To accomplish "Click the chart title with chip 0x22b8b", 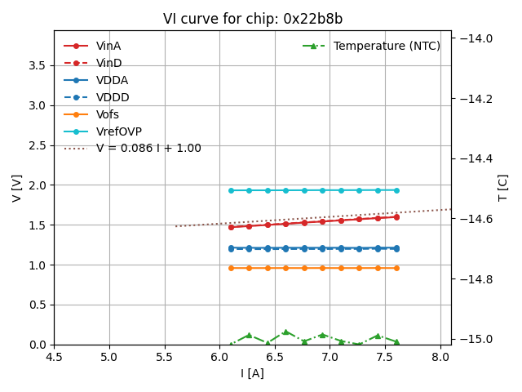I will click(x=252, y=19).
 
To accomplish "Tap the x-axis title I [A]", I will click(x=252, y=374).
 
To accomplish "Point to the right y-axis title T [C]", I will click(x=502, y=188).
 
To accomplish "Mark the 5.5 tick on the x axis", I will click(x=165, y=358).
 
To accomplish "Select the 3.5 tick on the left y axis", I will click(x=38, y=65).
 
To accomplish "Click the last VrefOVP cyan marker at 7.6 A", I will click(x=396, y=190).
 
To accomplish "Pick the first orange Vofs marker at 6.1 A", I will click(x=231, y=268).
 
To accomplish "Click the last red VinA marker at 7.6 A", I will click(x=396, y=216).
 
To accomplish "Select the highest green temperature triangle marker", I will click(x=285, y=332).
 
